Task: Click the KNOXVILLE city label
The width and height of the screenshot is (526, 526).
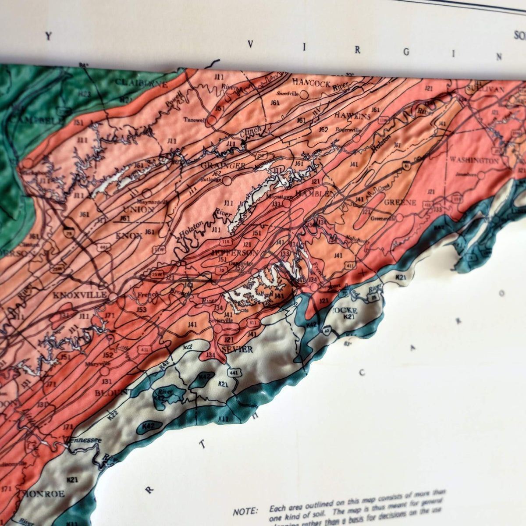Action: coord(79,295)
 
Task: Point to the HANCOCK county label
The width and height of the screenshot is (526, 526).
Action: coord(311,83)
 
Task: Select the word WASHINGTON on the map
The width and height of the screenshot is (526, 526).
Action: coord(474,161)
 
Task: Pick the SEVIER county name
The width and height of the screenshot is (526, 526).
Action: coord(237,349)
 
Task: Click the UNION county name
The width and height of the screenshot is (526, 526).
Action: coord(138,210)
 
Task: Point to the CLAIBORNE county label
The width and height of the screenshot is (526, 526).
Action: coord(141,83)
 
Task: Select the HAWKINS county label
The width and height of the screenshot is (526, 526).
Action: coord(352,116)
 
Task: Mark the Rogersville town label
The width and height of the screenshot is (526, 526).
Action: coord(344,129)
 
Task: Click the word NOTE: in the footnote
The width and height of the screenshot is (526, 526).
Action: coord(245,511)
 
